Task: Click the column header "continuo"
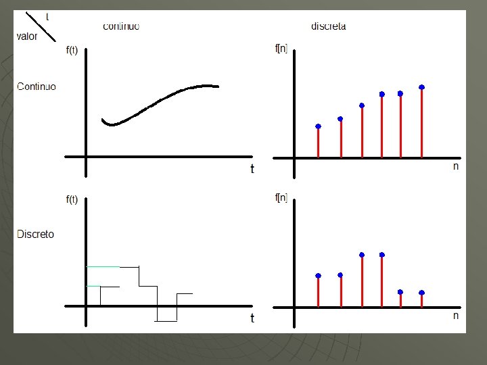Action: coord(121,26)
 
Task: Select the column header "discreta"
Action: coord(328,26)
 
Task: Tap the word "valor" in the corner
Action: coord(27,36)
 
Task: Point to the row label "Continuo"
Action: coord(37,87)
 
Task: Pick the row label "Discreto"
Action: coord(35,234)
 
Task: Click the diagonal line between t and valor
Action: coord(41,26)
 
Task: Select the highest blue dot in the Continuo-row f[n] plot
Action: coord(421,87)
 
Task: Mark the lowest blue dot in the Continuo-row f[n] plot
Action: coord(318,126)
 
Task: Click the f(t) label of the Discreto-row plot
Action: coord(72,199)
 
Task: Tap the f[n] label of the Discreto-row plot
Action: coord(281,197)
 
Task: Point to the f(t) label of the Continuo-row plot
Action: coord(72,50)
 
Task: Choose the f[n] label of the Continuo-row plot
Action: coord(281,49)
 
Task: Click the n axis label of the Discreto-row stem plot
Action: coord(456,316)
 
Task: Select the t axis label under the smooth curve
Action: coord(252,169)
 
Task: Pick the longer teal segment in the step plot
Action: coord(103,266)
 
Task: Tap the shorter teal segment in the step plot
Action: coord(93,286)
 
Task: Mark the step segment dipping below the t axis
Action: coord(166,321)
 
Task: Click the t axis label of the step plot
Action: coord(252,318)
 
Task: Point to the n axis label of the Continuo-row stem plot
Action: coord(456,166)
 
